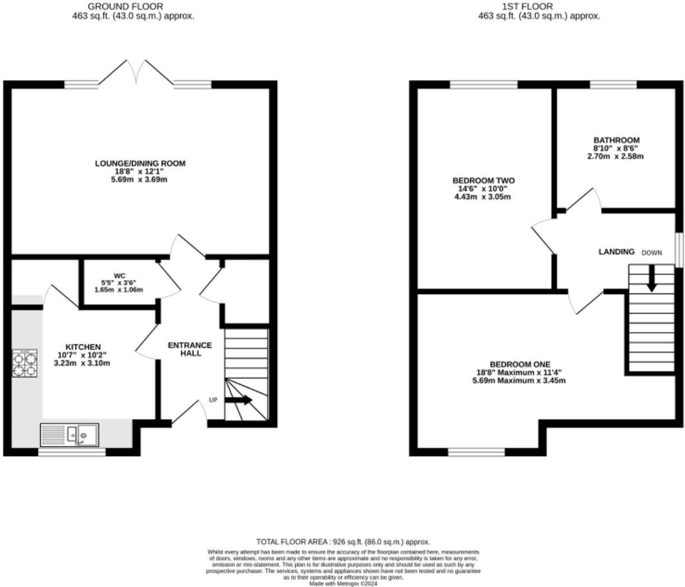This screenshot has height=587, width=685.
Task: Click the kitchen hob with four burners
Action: click(25, 363)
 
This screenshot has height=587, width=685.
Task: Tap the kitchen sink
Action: click(69, 435)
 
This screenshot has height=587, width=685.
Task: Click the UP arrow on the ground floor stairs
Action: click(239, 400)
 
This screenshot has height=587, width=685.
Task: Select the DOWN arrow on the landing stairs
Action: click(651, 278)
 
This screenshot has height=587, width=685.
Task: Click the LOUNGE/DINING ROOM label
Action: click(140, 164)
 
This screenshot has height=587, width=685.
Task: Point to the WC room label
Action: click(119, 276)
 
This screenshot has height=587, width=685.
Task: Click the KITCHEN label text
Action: click(83, 347)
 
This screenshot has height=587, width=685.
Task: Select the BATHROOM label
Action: click(616, 140)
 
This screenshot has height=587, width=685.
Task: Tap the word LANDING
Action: click(617, 252)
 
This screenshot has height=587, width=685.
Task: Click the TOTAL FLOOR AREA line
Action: click(343, 542)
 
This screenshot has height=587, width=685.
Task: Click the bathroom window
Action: click(613, 85)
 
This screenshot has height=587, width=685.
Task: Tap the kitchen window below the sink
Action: click(72, 452)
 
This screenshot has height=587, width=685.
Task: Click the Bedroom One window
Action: click(476, 452)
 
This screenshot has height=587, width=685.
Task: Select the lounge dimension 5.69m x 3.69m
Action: click(140, 180)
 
